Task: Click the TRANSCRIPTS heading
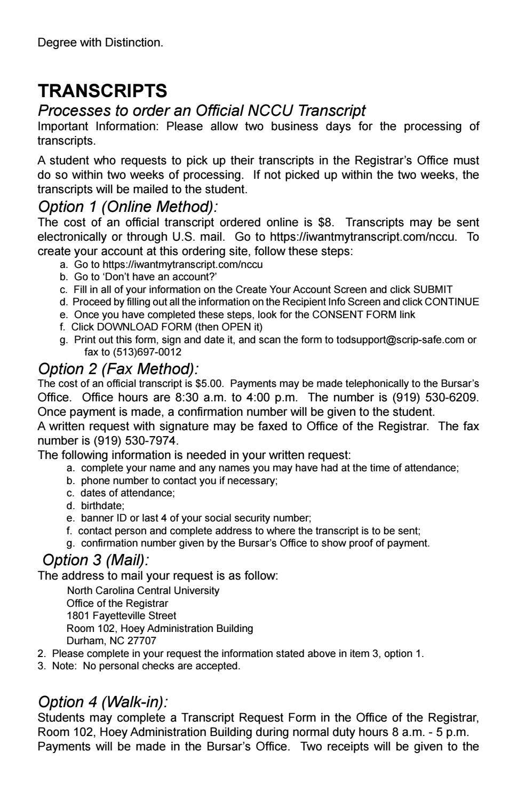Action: pos(102,91)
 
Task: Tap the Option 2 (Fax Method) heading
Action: pos(118,369)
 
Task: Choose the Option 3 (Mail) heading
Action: pos(96,560)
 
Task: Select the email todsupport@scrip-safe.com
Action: pos(400,340)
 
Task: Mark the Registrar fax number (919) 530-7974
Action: pos(136,440)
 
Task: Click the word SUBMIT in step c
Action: pos(433,290)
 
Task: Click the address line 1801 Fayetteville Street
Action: pos(121,616)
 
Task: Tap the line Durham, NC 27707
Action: pos(111,640)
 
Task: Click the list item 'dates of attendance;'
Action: pos(128,493)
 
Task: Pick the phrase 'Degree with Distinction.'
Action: pos(100,43)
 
